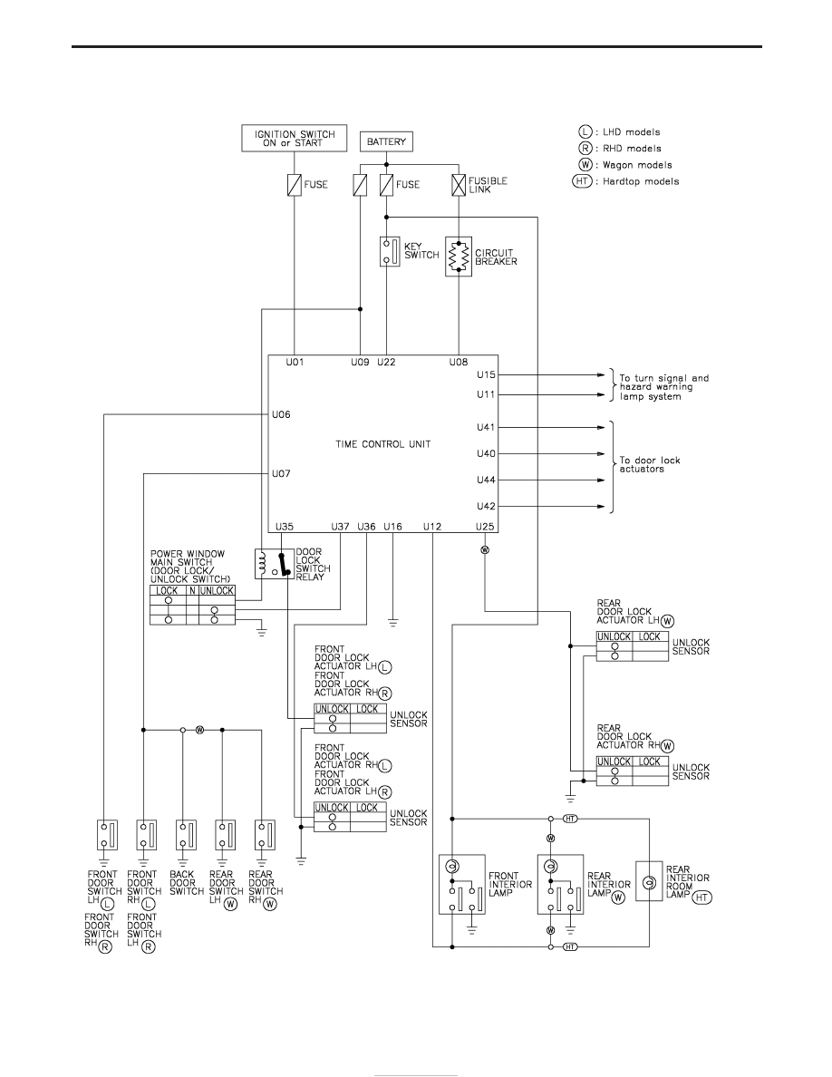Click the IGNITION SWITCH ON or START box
point(295,138)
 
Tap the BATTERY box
point(386,141)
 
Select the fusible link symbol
point(459,185)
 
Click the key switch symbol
point(390,251)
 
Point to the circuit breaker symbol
point(459,257)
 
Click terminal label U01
point(295,362)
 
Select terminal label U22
point(386,362)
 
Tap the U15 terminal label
point(486,375)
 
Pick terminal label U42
point(486,506)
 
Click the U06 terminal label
point(282,414)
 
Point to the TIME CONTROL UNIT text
point(383,444)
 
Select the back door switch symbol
point(186,835)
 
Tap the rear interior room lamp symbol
point(649,881)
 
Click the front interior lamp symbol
point(462,884)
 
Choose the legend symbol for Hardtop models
point(582,181)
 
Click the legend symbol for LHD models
point(585,131)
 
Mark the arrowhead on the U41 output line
point(601,427)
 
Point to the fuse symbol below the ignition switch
point(295,185)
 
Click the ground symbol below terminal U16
point(392,623)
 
